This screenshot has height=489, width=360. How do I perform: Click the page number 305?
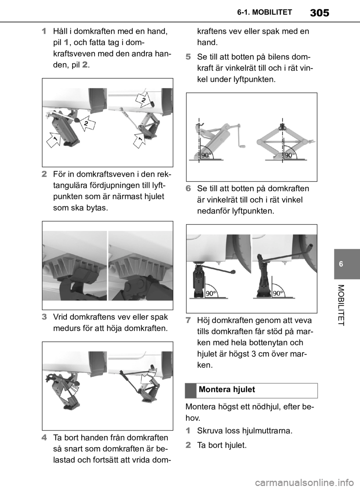319,13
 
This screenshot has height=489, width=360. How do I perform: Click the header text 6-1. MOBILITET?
265,12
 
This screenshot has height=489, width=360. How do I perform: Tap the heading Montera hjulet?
227,390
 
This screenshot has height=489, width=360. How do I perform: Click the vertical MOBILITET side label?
342,305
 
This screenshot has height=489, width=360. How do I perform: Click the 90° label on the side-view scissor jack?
206,155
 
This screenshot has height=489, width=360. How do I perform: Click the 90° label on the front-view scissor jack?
290,155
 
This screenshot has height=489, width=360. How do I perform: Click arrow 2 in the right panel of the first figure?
142,99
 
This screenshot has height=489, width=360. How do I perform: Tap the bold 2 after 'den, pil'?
85,65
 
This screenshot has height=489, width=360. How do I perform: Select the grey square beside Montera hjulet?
191,391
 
